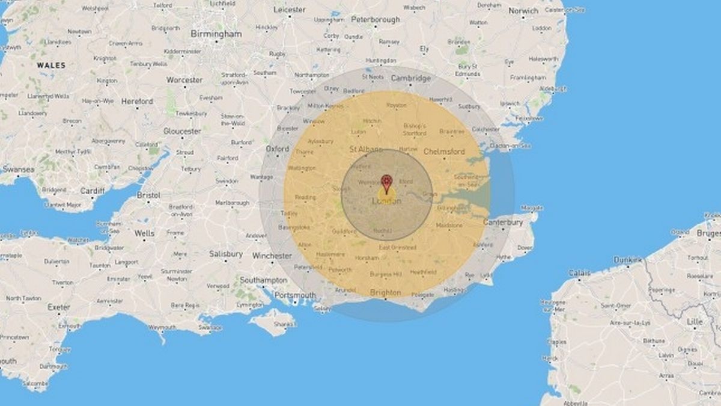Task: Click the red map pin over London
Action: pos(386,182)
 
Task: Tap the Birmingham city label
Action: pos(216,34)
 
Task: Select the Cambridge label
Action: pos(411,78)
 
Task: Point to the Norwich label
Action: pos(523,11)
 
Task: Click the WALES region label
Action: pos(51,64)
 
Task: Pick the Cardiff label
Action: pos(92,191)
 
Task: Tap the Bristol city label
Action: pos(148,195)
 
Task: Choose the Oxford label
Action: pos(278,148)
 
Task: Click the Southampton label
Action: pos(263,280)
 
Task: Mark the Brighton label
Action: pos(385,292)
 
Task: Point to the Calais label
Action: pos(579,272)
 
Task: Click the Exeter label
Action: pos(59,307)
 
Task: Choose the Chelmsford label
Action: pos(444,152)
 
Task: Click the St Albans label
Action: pos(367,149)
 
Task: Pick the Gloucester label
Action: pos(182,131)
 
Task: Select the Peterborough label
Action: pos(376,19)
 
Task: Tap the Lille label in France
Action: pos(695,322)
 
